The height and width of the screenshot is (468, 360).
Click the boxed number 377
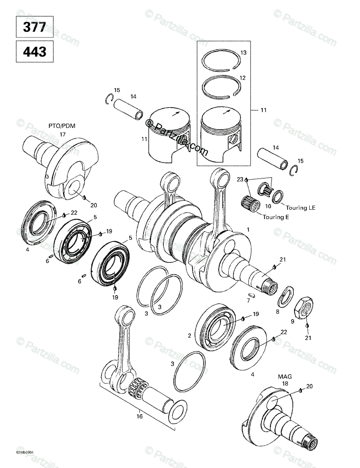[34, 27]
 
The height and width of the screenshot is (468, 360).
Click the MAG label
[285, 377]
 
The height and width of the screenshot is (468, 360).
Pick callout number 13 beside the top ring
[243, 53]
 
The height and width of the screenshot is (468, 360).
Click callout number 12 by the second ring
[243, 78]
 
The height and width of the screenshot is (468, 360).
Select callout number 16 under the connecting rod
[139, 416]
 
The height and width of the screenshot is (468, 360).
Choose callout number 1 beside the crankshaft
[248, 230]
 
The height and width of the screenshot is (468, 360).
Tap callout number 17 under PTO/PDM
[62, 134]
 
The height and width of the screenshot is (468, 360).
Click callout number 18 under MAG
[285, 384]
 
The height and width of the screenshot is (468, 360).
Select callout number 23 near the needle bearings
[240, 179]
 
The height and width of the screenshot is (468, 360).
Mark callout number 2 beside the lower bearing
[189, 335]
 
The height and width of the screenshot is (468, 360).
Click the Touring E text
[274, 218]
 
